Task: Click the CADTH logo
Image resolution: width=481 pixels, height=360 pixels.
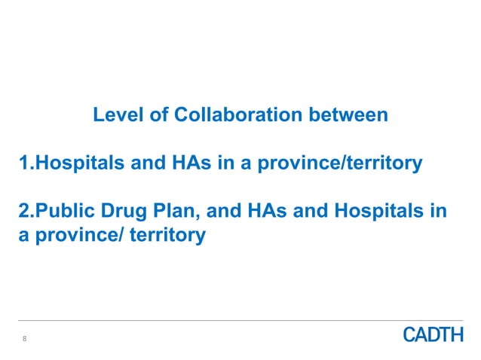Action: (x=434, y=335)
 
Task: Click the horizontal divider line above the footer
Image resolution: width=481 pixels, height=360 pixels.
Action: (x=240, y=320)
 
